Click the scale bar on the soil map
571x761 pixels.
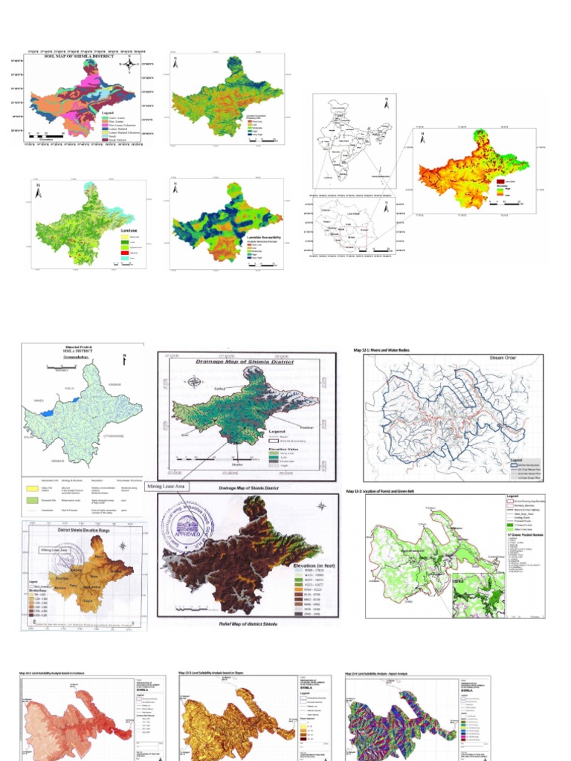pyautogui.click(x=45, y=137)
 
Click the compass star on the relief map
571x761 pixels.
pyautogui.click(x=320, y=506)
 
